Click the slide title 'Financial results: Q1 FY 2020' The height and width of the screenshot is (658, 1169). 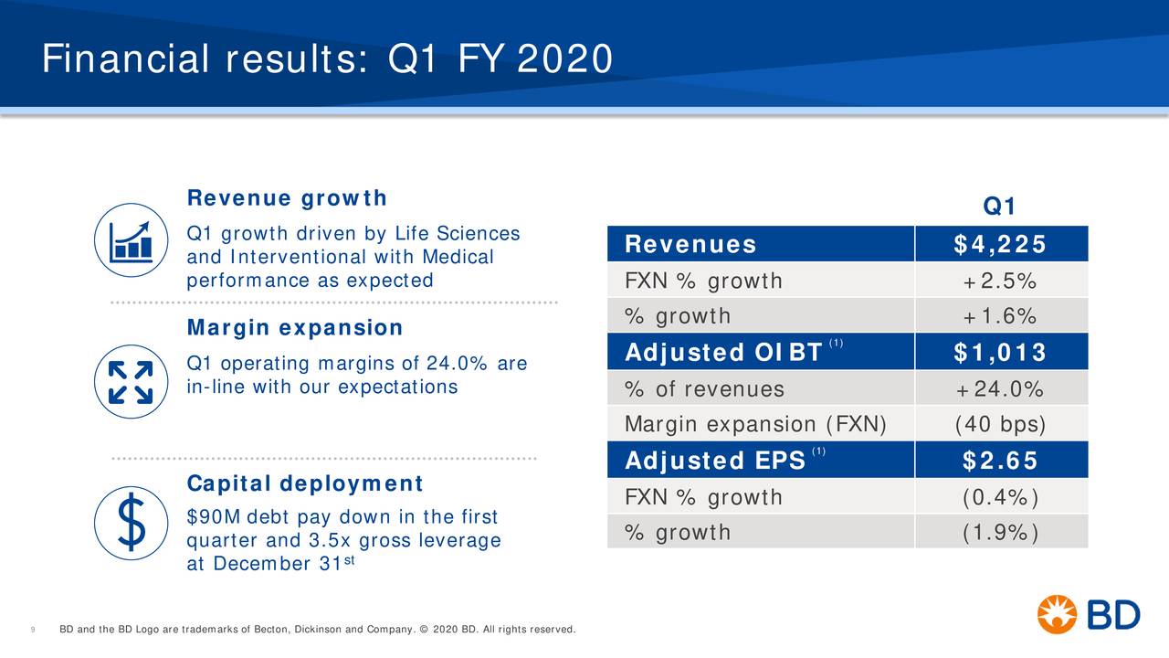coord(327,60)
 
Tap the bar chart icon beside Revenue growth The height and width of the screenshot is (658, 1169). coord(132,240)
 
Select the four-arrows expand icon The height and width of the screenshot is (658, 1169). coord(132,382)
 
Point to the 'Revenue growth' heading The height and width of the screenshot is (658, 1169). coord(287,198)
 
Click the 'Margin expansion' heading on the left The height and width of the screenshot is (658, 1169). coord(294,327)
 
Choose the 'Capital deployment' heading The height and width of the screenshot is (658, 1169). coord(305,483)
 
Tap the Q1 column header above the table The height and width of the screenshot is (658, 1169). coord(1000,207)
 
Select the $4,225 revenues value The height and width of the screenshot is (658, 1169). coord(1000,245)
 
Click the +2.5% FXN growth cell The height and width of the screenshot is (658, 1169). coord(1000,281)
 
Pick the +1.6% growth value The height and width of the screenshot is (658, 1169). coord(1000,316)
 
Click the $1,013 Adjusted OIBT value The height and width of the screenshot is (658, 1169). coord(1000,353)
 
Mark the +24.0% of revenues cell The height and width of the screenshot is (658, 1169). coord(1000,389)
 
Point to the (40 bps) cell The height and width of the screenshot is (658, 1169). coord(1000,425)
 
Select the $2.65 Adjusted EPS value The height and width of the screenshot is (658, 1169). coord(1000,462)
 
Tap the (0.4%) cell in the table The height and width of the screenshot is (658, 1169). coord(1000,497)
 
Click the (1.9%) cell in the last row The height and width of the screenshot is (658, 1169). coord(1000,533)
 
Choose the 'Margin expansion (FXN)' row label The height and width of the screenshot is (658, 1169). coord(755,425)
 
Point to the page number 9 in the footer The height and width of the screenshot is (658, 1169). coord(33,629)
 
